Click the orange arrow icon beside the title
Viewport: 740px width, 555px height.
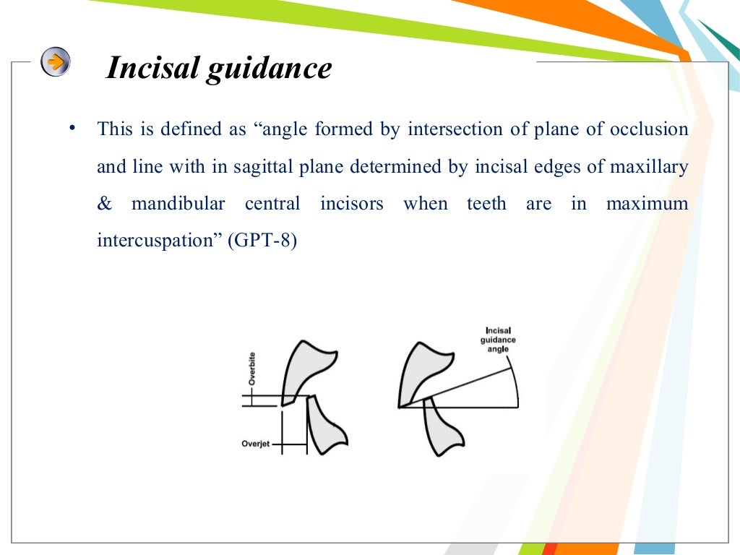click(56, 61)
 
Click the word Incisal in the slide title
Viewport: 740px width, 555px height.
click(152, 69)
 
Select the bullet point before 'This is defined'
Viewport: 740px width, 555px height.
click(72, 129)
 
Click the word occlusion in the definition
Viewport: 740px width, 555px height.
click(649, 130)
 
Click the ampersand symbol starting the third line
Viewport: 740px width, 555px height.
click(105, 204)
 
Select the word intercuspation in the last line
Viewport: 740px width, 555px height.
click(159, 241)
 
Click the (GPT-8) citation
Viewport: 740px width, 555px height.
click(262, 241)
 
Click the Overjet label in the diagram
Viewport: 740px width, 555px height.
click(255, 444)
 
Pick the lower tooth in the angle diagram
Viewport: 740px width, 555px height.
click(439, 429)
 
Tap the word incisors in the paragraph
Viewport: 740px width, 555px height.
click(351, 204)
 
